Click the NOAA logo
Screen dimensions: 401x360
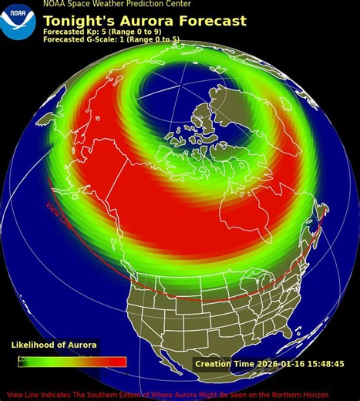(18, 21)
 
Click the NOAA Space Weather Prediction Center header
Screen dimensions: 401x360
(117, 4)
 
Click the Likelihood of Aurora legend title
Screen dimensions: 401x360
(53, 345)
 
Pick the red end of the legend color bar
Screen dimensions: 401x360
(116, 362)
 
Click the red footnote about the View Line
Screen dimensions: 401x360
(180, 395)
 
